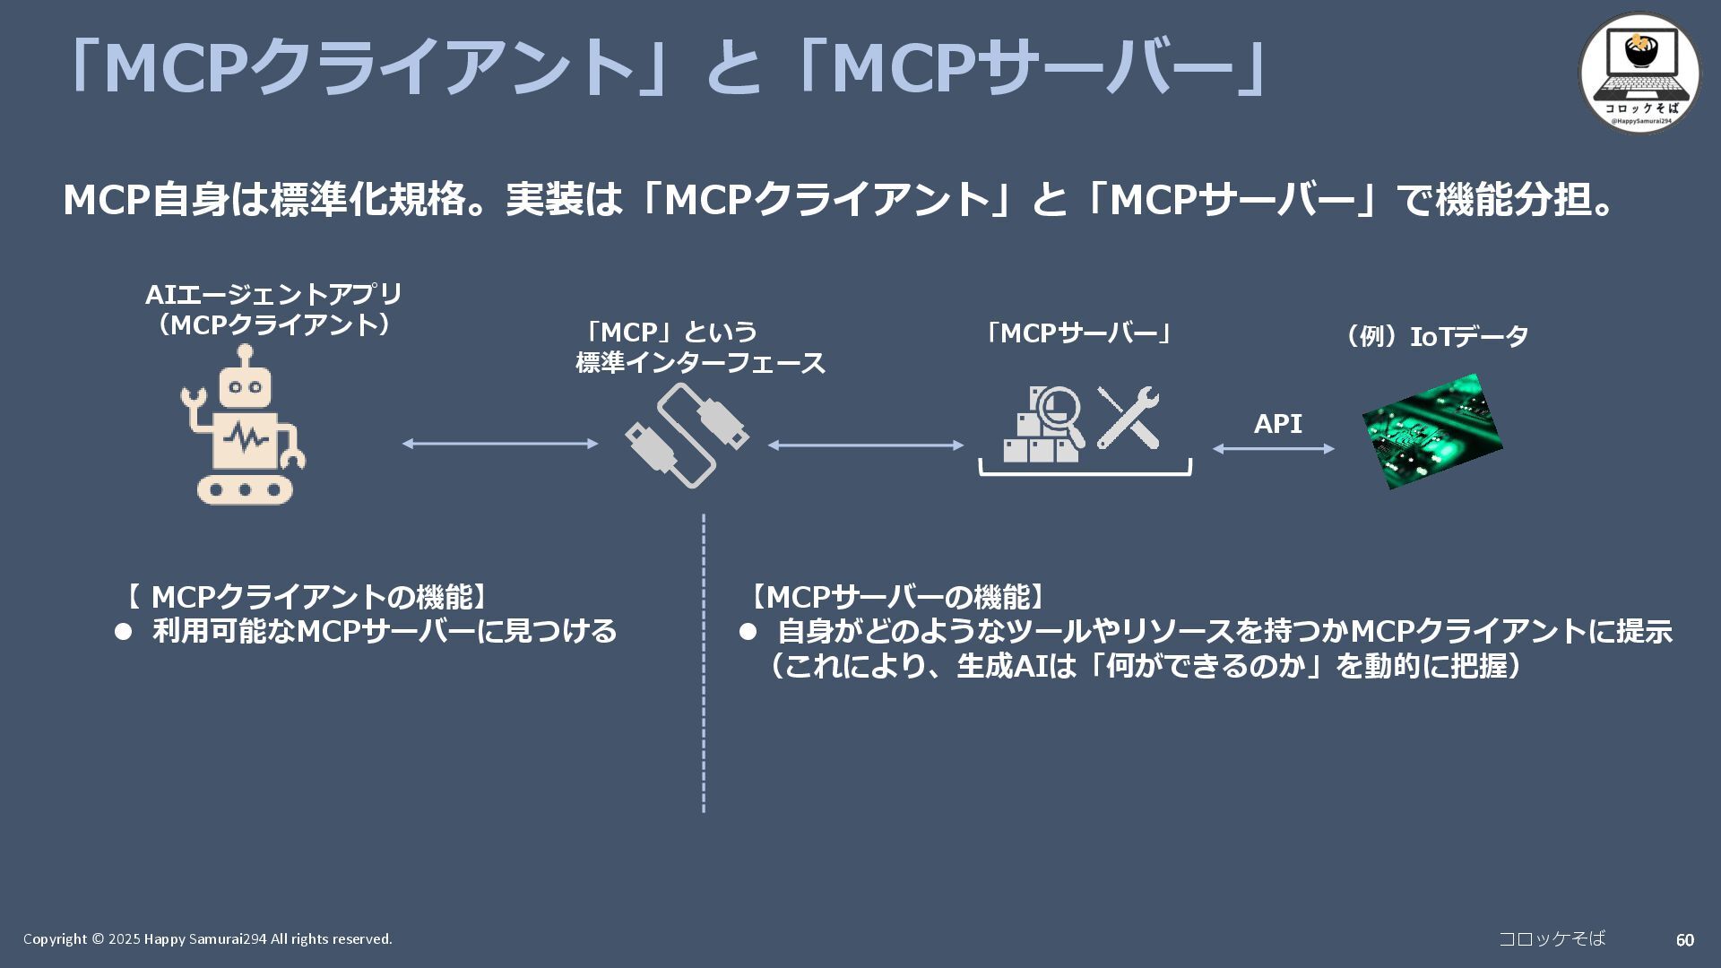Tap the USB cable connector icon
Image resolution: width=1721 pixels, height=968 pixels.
point(688,436)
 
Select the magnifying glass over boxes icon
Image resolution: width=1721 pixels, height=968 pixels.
point(1045,424)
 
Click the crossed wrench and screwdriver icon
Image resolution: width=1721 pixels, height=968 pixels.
point(1129,418)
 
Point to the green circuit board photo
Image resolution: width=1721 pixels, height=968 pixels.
point(1431,431)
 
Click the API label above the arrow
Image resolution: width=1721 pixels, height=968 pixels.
point(1277,423)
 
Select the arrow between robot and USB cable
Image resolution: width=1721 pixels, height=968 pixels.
point(500,444)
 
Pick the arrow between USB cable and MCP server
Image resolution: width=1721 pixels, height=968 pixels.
point(866,445)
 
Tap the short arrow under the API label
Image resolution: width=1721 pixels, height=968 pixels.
point(1274,449)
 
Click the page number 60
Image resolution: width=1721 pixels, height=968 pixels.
point(1684,940)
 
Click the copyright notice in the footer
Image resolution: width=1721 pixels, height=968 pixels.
point(208,939)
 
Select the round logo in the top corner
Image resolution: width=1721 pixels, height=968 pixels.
point(1639,73)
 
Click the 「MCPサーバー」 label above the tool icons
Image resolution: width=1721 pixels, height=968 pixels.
point(1079,333)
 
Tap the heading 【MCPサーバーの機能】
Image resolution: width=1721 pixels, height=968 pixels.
point(897,597)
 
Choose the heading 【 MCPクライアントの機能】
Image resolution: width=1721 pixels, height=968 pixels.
point(306,597)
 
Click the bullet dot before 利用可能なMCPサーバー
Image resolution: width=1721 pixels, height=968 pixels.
point(124,632)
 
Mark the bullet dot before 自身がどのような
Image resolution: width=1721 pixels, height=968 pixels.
point(748,632)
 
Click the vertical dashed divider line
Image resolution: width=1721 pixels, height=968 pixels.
point(704,663)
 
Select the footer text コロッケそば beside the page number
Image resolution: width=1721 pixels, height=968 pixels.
point(1552,938)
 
